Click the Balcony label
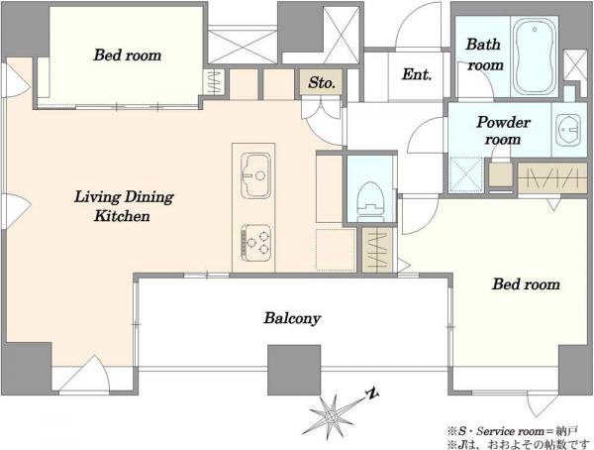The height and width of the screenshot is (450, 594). click(292, 318)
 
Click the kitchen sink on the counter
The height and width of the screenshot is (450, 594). click(256, 175)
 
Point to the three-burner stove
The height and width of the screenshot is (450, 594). click(256, 243)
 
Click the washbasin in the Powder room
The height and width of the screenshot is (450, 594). click(568, 130)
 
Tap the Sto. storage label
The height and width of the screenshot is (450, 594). click(321, 82)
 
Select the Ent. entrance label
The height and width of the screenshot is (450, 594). click(417, 74)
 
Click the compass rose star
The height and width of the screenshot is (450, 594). click(332, 416)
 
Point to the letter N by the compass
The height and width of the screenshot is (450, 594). click(373, 394)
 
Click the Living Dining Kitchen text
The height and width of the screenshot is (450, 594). click(124, 206)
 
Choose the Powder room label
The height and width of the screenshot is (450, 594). click(503, 130)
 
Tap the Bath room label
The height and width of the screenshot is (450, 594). click(484, 55)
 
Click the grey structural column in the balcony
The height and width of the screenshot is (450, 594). click(294, 370)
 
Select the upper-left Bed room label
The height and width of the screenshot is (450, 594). click(128, 56)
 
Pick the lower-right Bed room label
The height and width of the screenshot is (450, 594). click(526, 283)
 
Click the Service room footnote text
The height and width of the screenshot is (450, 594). click(513, 431)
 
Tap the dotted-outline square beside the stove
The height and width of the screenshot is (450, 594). click(336, 249)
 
